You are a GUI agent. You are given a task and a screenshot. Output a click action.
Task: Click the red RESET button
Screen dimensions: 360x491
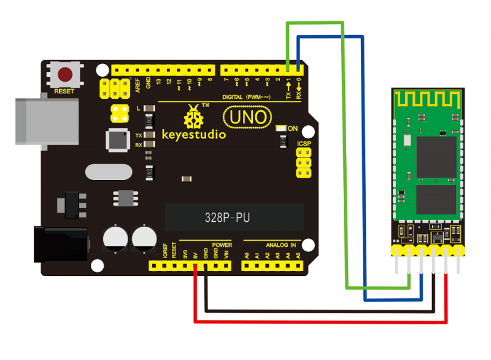[x=65, y=76]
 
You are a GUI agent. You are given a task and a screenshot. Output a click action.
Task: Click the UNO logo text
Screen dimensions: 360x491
[x=245, y=115]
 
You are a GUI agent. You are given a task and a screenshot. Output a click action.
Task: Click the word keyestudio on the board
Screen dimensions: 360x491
[x=194, y=133]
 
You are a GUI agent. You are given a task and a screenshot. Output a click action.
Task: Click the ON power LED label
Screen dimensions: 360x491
[x=293, y=128]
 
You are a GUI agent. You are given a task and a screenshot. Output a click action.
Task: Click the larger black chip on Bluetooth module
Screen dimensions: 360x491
[x=436, y=157]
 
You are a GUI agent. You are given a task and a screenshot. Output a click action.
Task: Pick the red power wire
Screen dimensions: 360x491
[x=319, y=321]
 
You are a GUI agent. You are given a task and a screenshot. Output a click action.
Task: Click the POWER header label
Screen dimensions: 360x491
[x=222, y=245]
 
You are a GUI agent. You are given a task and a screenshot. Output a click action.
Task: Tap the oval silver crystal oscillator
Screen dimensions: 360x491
[x=109, y=171]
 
